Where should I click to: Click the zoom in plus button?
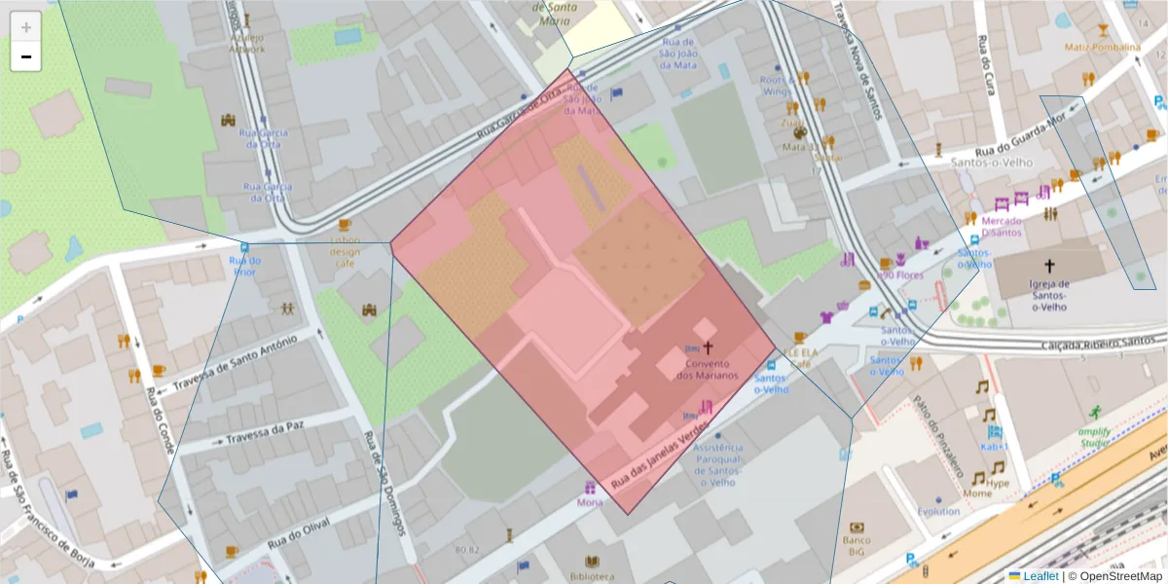(x=26, y=26)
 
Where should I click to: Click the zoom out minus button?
(x=26, y=56)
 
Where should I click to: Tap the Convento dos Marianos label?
(x=707, y=370)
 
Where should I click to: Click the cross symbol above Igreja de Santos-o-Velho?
(x=1049, y=266)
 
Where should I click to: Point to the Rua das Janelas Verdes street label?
(x=656, y=460)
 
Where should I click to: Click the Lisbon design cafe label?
(x=345, y=251)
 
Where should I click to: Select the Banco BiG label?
(x=857, y=545)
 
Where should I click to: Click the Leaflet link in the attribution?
(x=1040, y=576)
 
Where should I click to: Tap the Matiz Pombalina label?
(x=1102, y=48)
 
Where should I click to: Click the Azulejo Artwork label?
(x=246, y=43)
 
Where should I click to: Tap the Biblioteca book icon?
(x=592, y=562)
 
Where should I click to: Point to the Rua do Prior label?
(x=244, y=266)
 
